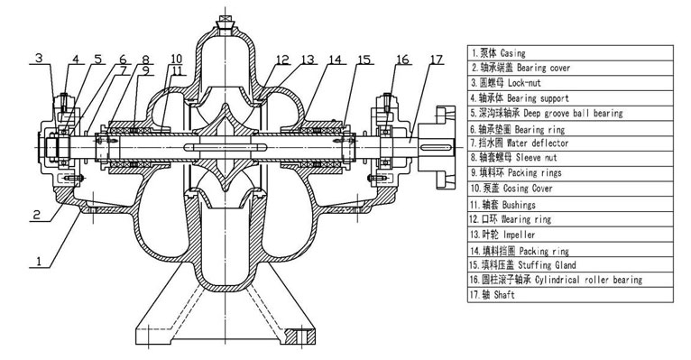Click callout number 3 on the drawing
point(39,58)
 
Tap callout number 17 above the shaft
point(437,60)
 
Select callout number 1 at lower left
point(39,262)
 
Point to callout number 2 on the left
point(37,215)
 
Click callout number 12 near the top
point(282,60)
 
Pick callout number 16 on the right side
point(403,60)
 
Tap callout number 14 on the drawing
point(336,60)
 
